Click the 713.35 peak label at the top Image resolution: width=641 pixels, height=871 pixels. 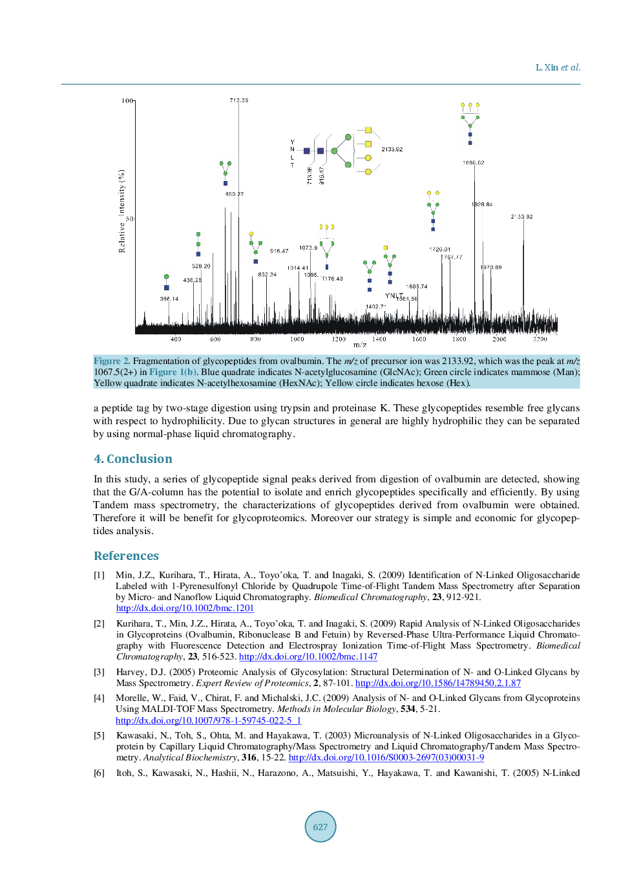238,100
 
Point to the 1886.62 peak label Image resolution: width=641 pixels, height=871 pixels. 473,163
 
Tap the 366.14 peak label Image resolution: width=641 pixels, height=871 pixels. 169,299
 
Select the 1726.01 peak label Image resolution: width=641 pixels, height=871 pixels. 439,249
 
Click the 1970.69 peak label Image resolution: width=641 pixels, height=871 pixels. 490,267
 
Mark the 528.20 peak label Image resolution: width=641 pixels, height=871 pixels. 201,266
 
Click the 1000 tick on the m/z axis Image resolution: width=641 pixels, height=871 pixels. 297,339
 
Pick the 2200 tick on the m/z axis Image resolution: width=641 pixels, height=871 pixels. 540,339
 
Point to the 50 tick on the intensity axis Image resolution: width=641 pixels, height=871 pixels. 129,219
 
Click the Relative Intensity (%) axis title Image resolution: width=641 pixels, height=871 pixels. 121,211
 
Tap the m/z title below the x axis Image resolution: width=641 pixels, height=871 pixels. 360,345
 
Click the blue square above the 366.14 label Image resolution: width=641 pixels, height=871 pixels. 167,288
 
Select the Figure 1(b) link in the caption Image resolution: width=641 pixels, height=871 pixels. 173,372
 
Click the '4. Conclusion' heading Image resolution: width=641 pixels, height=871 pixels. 133,458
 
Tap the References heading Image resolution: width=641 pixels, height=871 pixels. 126,555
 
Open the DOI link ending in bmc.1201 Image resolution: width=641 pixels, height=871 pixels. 185,608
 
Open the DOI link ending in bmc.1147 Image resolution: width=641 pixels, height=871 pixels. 308,656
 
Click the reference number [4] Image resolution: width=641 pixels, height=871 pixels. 99,698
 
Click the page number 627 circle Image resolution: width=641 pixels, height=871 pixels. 320,826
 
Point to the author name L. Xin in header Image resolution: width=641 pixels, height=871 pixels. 547,67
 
